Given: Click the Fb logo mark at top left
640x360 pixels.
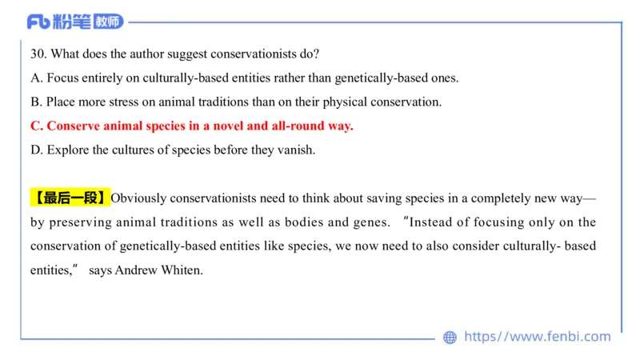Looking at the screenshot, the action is pyautogui.click(x=38, y=22).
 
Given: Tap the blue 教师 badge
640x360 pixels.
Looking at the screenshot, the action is pyautogui.click(x=108, y=22).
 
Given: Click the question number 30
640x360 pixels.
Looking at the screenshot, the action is pyautogui.click(x=37, y=54).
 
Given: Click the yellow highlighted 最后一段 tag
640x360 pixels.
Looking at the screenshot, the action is pyautogui.click(x=70, y=198).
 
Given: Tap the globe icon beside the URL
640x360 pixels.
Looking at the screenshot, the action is pyautogui.click(x=450, y=337).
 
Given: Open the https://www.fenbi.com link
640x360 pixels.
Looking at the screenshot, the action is pyautogui.click(x=537, y=336).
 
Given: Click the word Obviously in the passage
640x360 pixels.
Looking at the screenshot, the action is pyautogui.click(x=138, y=198).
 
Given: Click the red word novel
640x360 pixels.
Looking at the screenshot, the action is pyautogui.click(x=228, y=126).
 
